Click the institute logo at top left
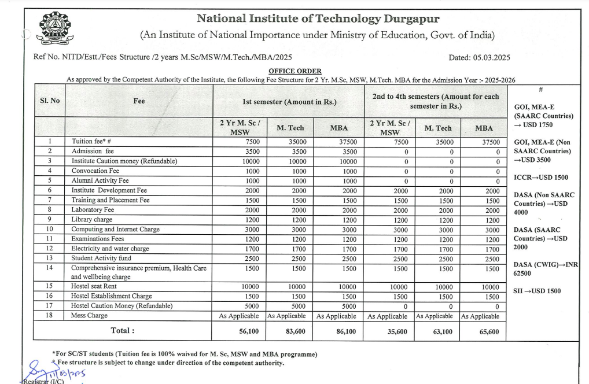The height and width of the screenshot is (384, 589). coord(55,29)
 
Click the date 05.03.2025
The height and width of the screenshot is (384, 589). coord(479,57)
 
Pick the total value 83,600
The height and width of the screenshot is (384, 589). coord(289,331)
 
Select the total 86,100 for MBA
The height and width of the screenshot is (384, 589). coord(338,331)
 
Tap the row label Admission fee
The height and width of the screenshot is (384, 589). coord(93,151)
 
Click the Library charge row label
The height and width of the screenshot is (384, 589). coord(92,220)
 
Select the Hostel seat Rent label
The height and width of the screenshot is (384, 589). coord(94,287)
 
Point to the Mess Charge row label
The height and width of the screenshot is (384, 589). coord(89,316)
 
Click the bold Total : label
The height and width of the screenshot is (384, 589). coord(123,331)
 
